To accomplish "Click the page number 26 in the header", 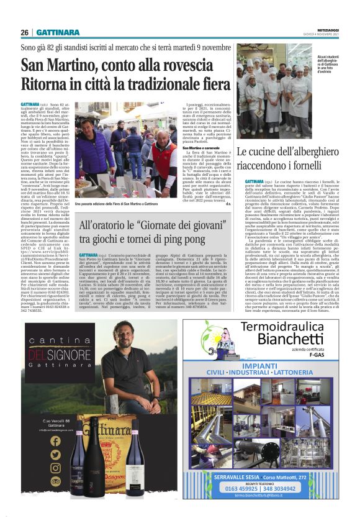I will coord(25,32).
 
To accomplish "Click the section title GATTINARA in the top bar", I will coord(57,32).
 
